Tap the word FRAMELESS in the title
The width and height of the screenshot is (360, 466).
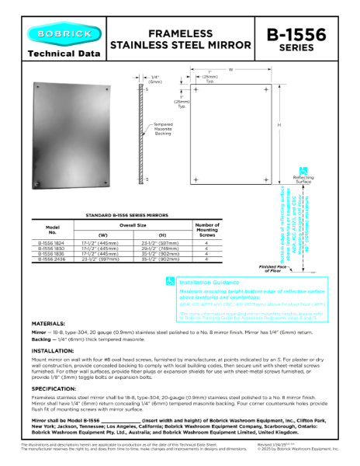pos(180,34)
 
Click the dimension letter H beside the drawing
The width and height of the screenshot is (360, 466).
pos(279,127)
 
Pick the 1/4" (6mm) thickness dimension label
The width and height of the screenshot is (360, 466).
pos(155,80)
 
